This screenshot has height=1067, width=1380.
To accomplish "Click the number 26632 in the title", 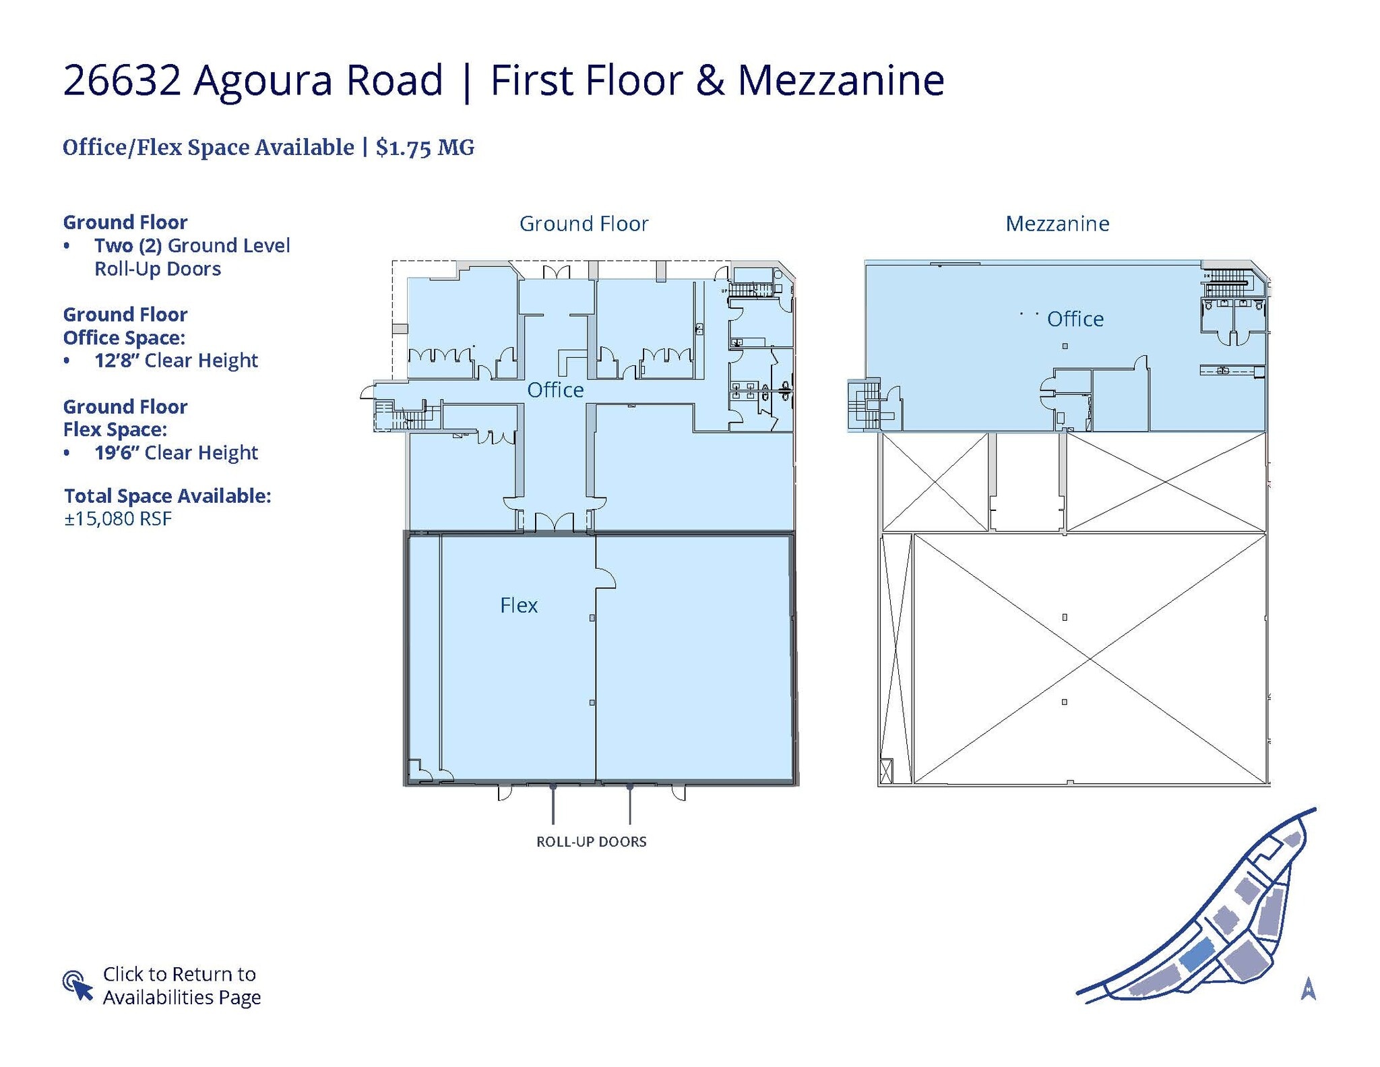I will [122, 80].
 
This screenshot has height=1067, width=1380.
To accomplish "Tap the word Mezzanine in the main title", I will [840, 80].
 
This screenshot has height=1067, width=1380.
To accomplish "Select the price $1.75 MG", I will [425, 148].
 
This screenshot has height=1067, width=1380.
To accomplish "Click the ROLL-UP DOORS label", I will [591, 841].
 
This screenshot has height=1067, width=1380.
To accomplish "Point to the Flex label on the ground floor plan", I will [518, 605].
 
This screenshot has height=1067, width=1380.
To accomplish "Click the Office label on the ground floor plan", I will [555, 390].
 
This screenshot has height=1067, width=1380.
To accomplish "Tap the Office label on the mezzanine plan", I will [1075, 319].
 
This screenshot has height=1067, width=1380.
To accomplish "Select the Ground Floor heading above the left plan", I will [584, 224].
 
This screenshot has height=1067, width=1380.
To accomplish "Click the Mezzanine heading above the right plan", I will [1057, 224].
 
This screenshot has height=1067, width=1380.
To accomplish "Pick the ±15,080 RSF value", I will [118, 518].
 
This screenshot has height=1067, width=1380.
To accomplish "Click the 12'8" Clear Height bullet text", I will [176, 361].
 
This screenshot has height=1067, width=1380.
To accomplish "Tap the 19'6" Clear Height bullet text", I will [176, 453].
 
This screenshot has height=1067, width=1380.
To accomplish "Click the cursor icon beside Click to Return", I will [77, 985].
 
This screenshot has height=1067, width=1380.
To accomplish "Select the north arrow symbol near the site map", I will [1308, 988].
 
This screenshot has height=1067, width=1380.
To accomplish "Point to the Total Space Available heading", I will [167, 496].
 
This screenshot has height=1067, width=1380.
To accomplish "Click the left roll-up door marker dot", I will [553, 787].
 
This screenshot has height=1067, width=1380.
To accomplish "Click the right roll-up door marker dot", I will [630, 787].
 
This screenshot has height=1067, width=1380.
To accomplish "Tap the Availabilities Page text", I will [181, 998].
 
